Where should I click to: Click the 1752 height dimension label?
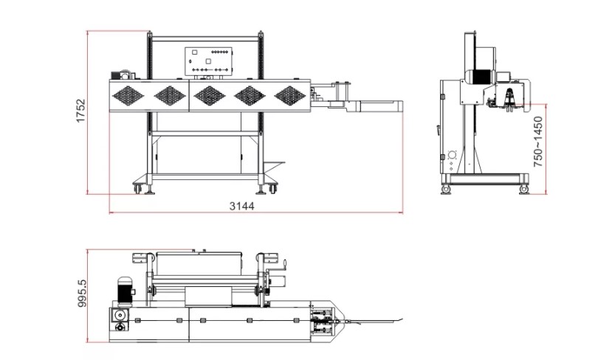click(x=81, y=111)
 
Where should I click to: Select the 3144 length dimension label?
click(x=242, y=206)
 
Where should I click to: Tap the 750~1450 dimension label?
click(x=537, y=142)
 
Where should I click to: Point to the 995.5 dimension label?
click(x=82, y=294)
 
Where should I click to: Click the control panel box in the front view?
click(x=209, y=61)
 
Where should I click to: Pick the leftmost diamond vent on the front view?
click(x=128, y=96)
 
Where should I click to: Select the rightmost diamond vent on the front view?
click(x=290, y=96)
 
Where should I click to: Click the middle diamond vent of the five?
click(x=209, y=96)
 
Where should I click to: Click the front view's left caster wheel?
click(x=137, y=188)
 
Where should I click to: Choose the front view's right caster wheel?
click(x=272, y=188)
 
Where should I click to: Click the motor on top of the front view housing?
click(x=121, y=75)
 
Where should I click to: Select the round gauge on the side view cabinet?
click(x=452, y=155)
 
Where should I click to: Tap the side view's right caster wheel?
click(x=524, y=189)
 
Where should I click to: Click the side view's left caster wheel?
click(x=445, y=189)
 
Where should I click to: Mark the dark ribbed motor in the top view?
click(x=125, y=292)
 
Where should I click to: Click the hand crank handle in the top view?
click(x=284, y=265)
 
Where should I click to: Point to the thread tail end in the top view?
click(x=402, y=319)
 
